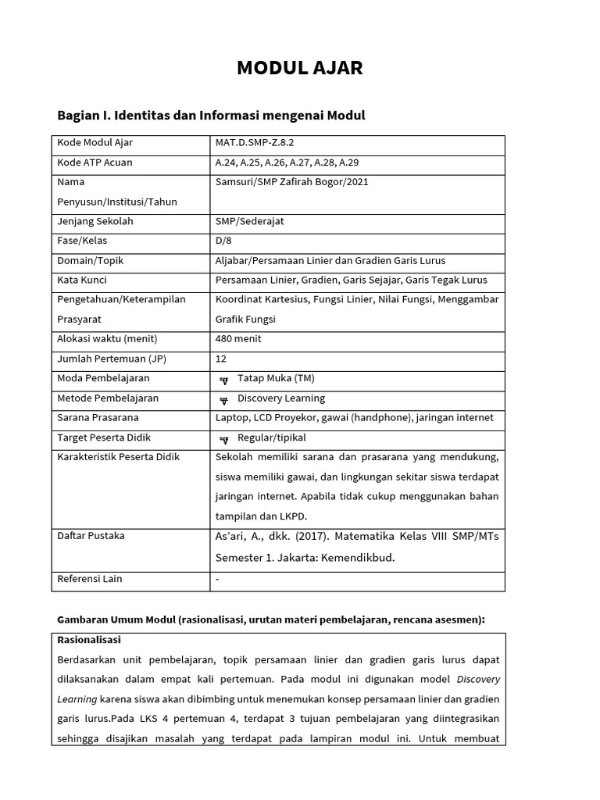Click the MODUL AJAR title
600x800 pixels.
pos(300,68)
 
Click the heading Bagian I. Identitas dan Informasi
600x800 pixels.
pos(211,116)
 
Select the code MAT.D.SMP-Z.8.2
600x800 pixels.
pos(255,143)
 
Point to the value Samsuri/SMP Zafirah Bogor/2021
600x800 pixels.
pos(291,182)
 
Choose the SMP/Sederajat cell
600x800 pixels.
pos(250,221)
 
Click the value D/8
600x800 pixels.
pos(224,241)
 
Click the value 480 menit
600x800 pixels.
pos(238,339)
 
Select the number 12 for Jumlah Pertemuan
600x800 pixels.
pos(221,359)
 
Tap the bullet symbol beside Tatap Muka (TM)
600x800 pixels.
pos(224,380)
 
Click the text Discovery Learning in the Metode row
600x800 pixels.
pos(281,398)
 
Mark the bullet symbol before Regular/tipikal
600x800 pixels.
pos(224,438)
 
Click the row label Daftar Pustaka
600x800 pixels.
pos(91,536)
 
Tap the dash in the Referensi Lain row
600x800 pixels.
pos(217,579)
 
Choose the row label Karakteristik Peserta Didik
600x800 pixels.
pos(119,457)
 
